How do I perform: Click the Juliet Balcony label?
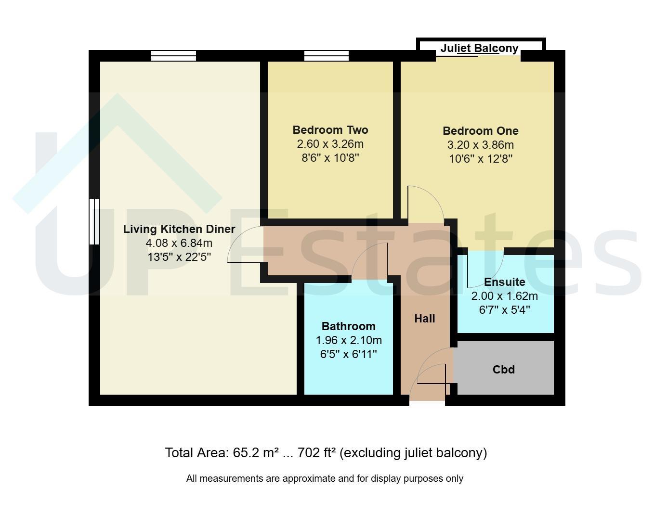click(479, 49)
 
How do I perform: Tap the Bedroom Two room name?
click(330, 130)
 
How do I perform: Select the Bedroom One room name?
click(481, 131)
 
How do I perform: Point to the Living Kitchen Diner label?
click(179, 229)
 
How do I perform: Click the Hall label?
click(425, 319)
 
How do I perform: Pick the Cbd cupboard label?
click(504, 370)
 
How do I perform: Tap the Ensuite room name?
click(505, 282)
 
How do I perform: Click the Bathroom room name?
click(349, 326)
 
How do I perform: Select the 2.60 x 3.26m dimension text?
click(330, 144)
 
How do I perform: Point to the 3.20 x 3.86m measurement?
click(481, 145)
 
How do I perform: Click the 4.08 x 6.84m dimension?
click(179, 243)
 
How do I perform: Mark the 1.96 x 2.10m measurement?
click(349, 340)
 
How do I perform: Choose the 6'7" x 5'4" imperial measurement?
click(505, 310)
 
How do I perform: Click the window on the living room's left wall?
click(94, 222)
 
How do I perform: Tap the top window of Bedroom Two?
click(327, 56)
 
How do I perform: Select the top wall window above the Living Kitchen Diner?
click(173, 56)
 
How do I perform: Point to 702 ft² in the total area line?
click(317, 453)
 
